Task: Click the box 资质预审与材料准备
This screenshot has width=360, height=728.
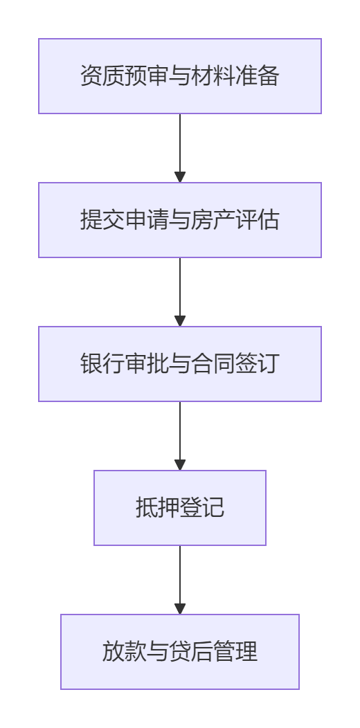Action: click(x=180, y=76)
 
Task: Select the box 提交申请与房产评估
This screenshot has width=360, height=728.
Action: click(x=180, y=220)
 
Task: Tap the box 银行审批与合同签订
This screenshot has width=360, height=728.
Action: click(x=180, y=364)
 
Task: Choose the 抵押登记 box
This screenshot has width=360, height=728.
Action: click(x=180, y=508)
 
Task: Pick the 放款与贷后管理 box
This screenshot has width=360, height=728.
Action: click(x=180, y=652)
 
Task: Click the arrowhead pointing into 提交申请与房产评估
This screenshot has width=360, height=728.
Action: click(x=180, y=177)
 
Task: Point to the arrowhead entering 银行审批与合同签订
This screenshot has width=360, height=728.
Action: click(x=180, y=321)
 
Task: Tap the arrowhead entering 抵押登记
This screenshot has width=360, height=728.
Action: click(x=180, y=465)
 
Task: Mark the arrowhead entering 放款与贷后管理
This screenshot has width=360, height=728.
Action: click(x=180, y=609)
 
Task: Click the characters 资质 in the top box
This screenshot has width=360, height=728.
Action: click(x=102, y=76)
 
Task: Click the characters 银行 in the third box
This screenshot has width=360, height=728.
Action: click(x=102, y=364)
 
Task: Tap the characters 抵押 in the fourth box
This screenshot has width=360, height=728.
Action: click(x=158, y=508)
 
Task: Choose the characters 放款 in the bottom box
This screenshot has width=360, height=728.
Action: click(x=125, y=652)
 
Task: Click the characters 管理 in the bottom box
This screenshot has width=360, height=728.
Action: click(x=235, y=652)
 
